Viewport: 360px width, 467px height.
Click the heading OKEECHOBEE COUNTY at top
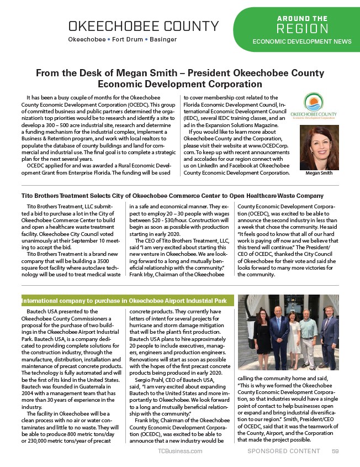(143, 26)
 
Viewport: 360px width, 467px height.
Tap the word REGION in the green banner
(302, 29)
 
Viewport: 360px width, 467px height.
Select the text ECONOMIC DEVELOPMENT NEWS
(301, 41)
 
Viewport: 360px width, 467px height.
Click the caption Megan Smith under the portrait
(319, 173)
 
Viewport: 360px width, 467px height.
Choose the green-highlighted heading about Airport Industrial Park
(127, 301)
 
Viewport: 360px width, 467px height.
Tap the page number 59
(335, 451)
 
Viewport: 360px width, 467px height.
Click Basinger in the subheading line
(161, 40)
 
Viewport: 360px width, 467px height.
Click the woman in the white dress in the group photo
(294, 337)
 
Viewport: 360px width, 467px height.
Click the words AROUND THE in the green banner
(301, 18)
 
